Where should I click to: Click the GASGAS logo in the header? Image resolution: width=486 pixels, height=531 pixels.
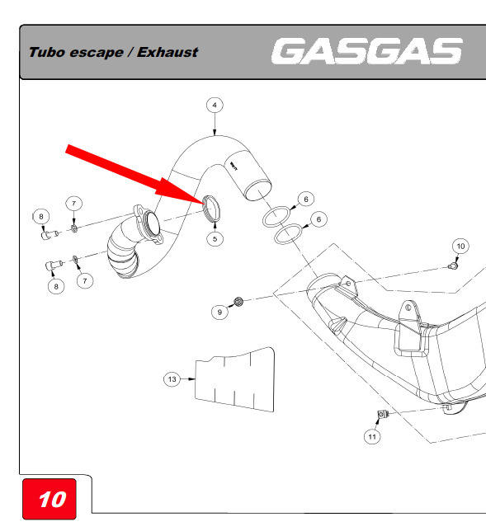click(366, 51)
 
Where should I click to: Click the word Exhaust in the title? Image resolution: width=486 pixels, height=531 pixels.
click(168, 53)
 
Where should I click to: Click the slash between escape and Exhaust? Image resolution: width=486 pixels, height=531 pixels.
click(130, 53)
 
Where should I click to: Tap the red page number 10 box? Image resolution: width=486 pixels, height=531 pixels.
click(50, 499)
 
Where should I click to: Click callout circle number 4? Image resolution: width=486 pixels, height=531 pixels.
click(215, 105)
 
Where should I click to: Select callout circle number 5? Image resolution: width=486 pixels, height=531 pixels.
click(215, 239)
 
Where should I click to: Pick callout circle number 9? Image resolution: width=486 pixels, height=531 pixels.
click(219, 312)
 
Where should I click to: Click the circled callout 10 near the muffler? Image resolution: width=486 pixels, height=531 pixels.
click(460, 247)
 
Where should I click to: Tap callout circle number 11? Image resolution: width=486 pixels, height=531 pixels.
click(372, 436)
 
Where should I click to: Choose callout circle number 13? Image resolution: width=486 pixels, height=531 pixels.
click(172, 379)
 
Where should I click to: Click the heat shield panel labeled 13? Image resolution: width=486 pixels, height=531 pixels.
click(235, 379)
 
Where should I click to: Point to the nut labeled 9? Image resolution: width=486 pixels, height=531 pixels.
click(239, 301)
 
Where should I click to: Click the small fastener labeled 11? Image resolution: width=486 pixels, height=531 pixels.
click(382, 414)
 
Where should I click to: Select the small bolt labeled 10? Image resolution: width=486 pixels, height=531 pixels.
click(453, 265)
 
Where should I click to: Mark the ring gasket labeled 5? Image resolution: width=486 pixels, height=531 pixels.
click(211, 209)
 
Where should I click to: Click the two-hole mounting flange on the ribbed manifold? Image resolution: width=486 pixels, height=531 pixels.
click(148, 224)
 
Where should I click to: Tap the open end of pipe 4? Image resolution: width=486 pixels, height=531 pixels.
click(258, 190)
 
